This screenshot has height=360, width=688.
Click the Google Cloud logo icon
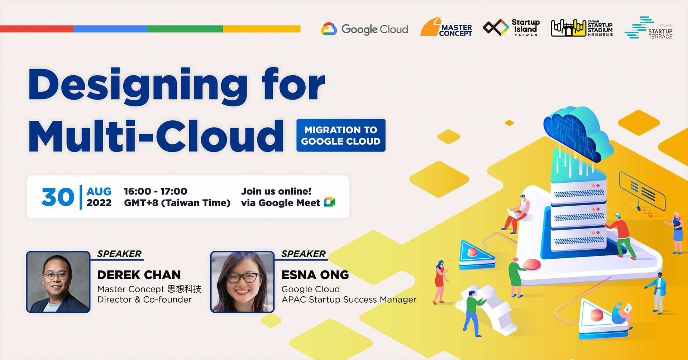pyautogui.click(x=329, y=29)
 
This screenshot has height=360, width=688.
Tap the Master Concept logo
pyautogui.click(x=446, y=28)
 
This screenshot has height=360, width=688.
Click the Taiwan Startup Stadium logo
pyautogui.click(x=582, y=28)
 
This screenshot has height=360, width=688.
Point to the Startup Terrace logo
pyautogui.click(x=649, y=28)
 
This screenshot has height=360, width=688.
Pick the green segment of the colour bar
pyautogui.click(x=185, y=29)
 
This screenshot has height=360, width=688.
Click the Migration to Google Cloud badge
pyautogui.click(x=341, y=135)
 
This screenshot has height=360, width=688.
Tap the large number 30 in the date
pyautogui.click(x=58, y=197)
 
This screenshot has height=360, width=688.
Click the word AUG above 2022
pyautogui.click(x=99, y=191)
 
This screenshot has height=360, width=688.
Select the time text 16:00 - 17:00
pyautogui.click(x=156, y=191)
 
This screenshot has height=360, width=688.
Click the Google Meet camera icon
pyautogui.click(x=329, y=202)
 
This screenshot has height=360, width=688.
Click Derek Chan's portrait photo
pyautogui.click(x=58, y=282)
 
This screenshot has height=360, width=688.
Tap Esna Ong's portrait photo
pyautogui.click(x=242, y=282)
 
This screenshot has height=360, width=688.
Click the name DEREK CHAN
pyautogui.click(x=139, y=275)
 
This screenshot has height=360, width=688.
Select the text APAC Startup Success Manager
pyautogui.click(x=349, y=299)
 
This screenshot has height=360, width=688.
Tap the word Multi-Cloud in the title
pyautogui.click(x=156, y=136)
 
